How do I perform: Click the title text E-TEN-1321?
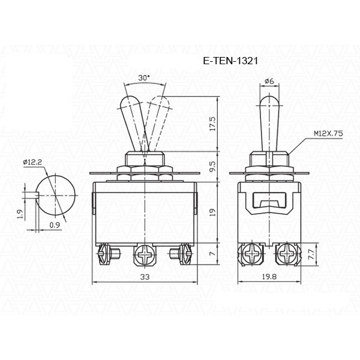tap(230, 61)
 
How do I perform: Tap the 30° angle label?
tap(144, 78)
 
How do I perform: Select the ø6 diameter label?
tap(269, 81)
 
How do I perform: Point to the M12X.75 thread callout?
tap(328, 133)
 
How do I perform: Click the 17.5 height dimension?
tap(213, 124)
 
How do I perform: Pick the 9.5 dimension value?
tap(213, 166)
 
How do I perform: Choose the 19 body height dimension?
tap(213, 212)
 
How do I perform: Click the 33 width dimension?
tap(145, 277)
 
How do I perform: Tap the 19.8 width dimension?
tap(269, 277)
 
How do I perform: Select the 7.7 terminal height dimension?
tap(311, 254)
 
